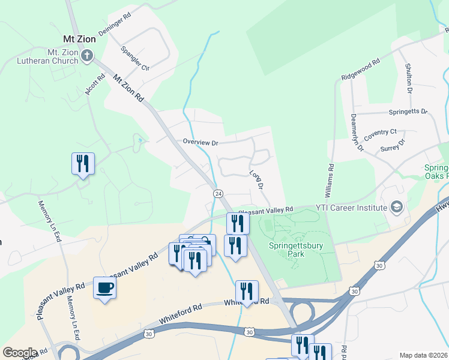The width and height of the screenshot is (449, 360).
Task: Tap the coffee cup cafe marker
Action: (104, 287)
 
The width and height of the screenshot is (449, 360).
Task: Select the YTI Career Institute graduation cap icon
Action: (396, 208)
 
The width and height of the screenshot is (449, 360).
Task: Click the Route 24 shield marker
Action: (218, 194)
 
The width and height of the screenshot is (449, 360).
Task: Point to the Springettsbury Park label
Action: (295, 249)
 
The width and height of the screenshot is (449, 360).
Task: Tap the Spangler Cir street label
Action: (134, 58)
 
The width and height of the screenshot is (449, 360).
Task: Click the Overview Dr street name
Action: (200, 142)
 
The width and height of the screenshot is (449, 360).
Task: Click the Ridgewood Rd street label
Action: (361, 70)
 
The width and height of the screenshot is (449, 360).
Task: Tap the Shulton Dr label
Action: (408, 79)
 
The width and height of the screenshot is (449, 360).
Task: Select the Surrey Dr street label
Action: (393, 144)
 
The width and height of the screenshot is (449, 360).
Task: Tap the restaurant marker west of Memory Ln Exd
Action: (82, 164)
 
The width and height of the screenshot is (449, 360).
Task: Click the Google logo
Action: (19, 353)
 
